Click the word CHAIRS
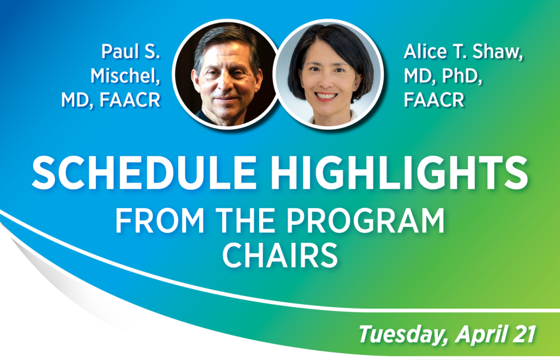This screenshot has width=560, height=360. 279,255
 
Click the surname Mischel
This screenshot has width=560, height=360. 125,76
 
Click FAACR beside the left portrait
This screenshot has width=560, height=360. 130,100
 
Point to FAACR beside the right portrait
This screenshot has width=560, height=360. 434,100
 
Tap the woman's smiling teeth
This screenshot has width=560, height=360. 326,95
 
